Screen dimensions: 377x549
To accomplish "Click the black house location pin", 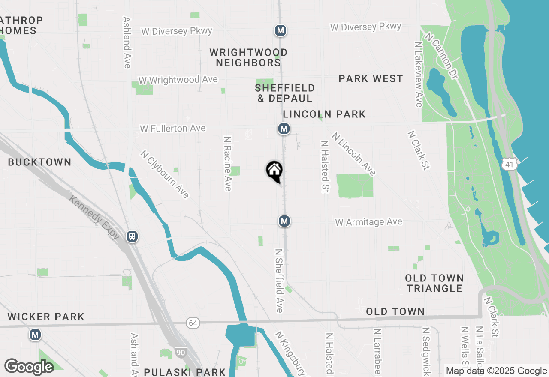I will click(274, 171).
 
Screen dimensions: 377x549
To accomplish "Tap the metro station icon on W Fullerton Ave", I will click(283, 129).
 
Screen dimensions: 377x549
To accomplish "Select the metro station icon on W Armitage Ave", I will click(284, 221).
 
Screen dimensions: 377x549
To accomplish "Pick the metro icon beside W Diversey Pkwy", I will click(281, 31).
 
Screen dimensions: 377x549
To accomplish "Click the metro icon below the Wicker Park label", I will click(35, 335).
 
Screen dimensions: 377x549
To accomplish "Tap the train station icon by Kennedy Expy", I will click(132, 236).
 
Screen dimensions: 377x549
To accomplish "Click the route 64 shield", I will click(193, 323).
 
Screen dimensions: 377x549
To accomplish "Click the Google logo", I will click(29, 367).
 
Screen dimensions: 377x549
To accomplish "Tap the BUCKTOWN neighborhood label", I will click(39, 162).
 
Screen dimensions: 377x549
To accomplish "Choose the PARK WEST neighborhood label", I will click(371, 78).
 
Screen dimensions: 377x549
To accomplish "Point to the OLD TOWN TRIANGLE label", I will click(434, 283).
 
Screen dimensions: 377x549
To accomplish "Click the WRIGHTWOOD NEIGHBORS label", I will click(248, 57).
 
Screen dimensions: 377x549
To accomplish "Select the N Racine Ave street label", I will click(227, 164).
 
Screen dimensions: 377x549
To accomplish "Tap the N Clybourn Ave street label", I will click(165, 174).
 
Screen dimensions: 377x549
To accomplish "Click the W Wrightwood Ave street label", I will click(178, 80).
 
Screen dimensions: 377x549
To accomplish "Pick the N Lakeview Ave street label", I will click(419, 74).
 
